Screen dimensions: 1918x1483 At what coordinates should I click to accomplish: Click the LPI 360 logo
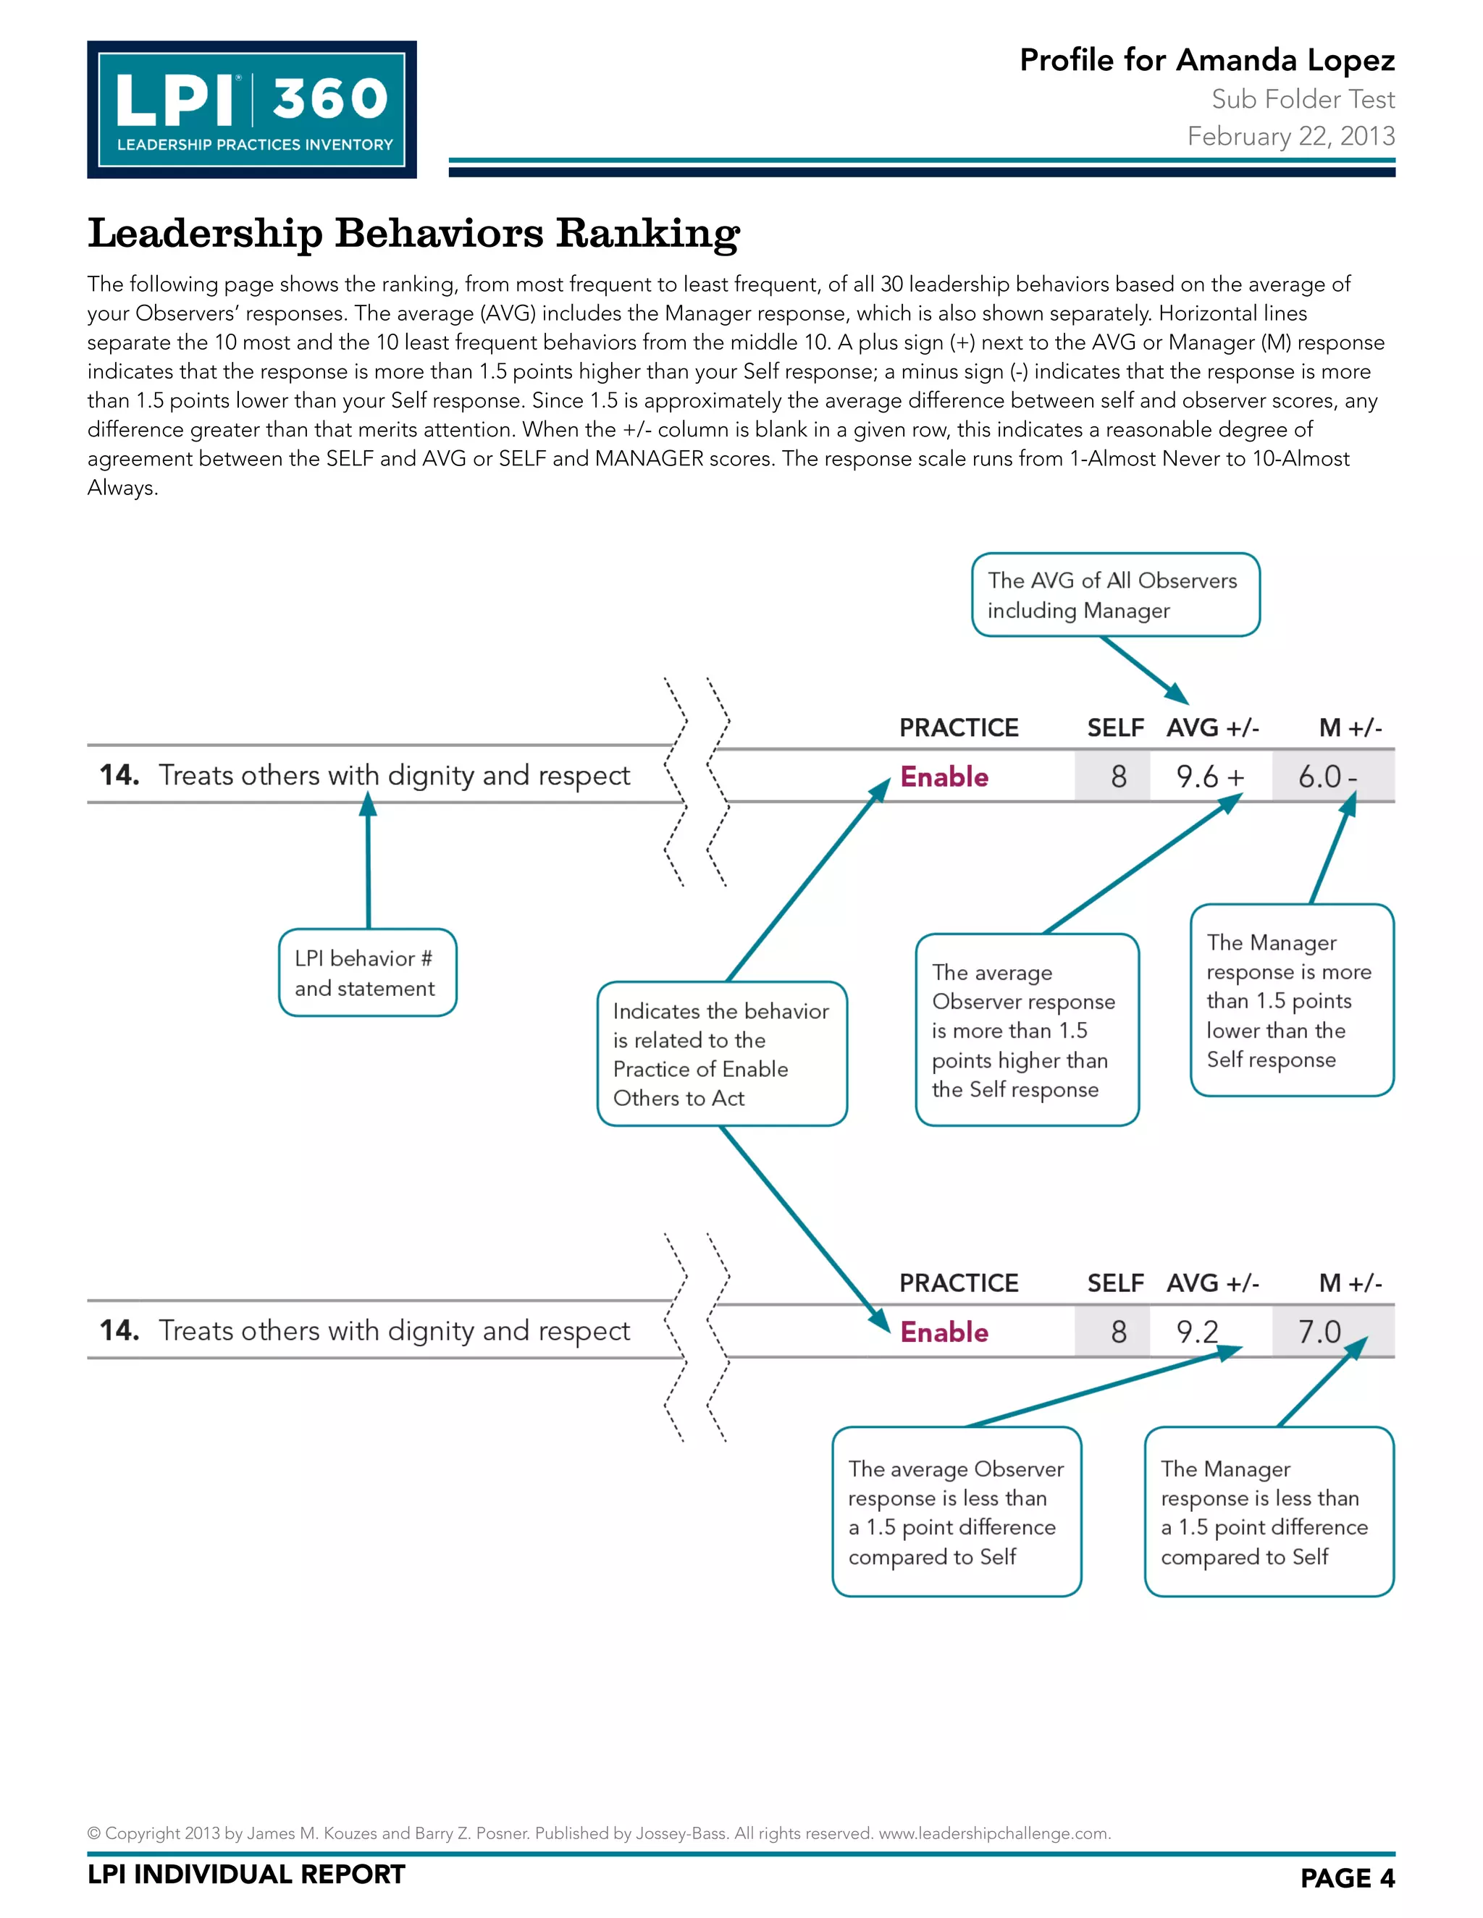coord(251,110)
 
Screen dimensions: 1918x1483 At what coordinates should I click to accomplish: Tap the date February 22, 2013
coord(1290,136)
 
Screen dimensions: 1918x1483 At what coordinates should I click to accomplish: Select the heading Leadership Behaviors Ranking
coord(413,234)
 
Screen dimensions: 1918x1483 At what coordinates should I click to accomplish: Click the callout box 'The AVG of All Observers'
coord(1115,594)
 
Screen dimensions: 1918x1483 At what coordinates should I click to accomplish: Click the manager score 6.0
coord(1319,777)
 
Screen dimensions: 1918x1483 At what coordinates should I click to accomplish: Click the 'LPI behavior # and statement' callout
coord(367,973)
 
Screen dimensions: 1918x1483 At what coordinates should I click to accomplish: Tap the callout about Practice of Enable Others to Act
coord(721,1054)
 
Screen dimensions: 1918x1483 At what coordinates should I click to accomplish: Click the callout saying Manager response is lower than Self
coord(1292,1000)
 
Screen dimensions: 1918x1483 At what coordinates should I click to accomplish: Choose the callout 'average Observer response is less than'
coord(956,1512)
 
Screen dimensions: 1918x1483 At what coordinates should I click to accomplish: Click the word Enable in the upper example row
coord(944,777)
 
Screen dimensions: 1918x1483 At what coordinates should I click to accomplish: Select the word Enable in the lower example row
coord(944,1332)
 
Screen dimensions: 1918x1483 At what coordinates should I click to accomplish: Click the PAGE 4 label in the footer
coord(1347,1877)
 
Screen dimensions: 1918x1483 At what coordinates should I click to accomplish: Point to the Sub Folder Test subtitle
coord(1303,99)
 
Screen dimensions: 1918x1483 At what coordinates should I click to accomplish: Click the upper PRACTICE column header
coord(959,728)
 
